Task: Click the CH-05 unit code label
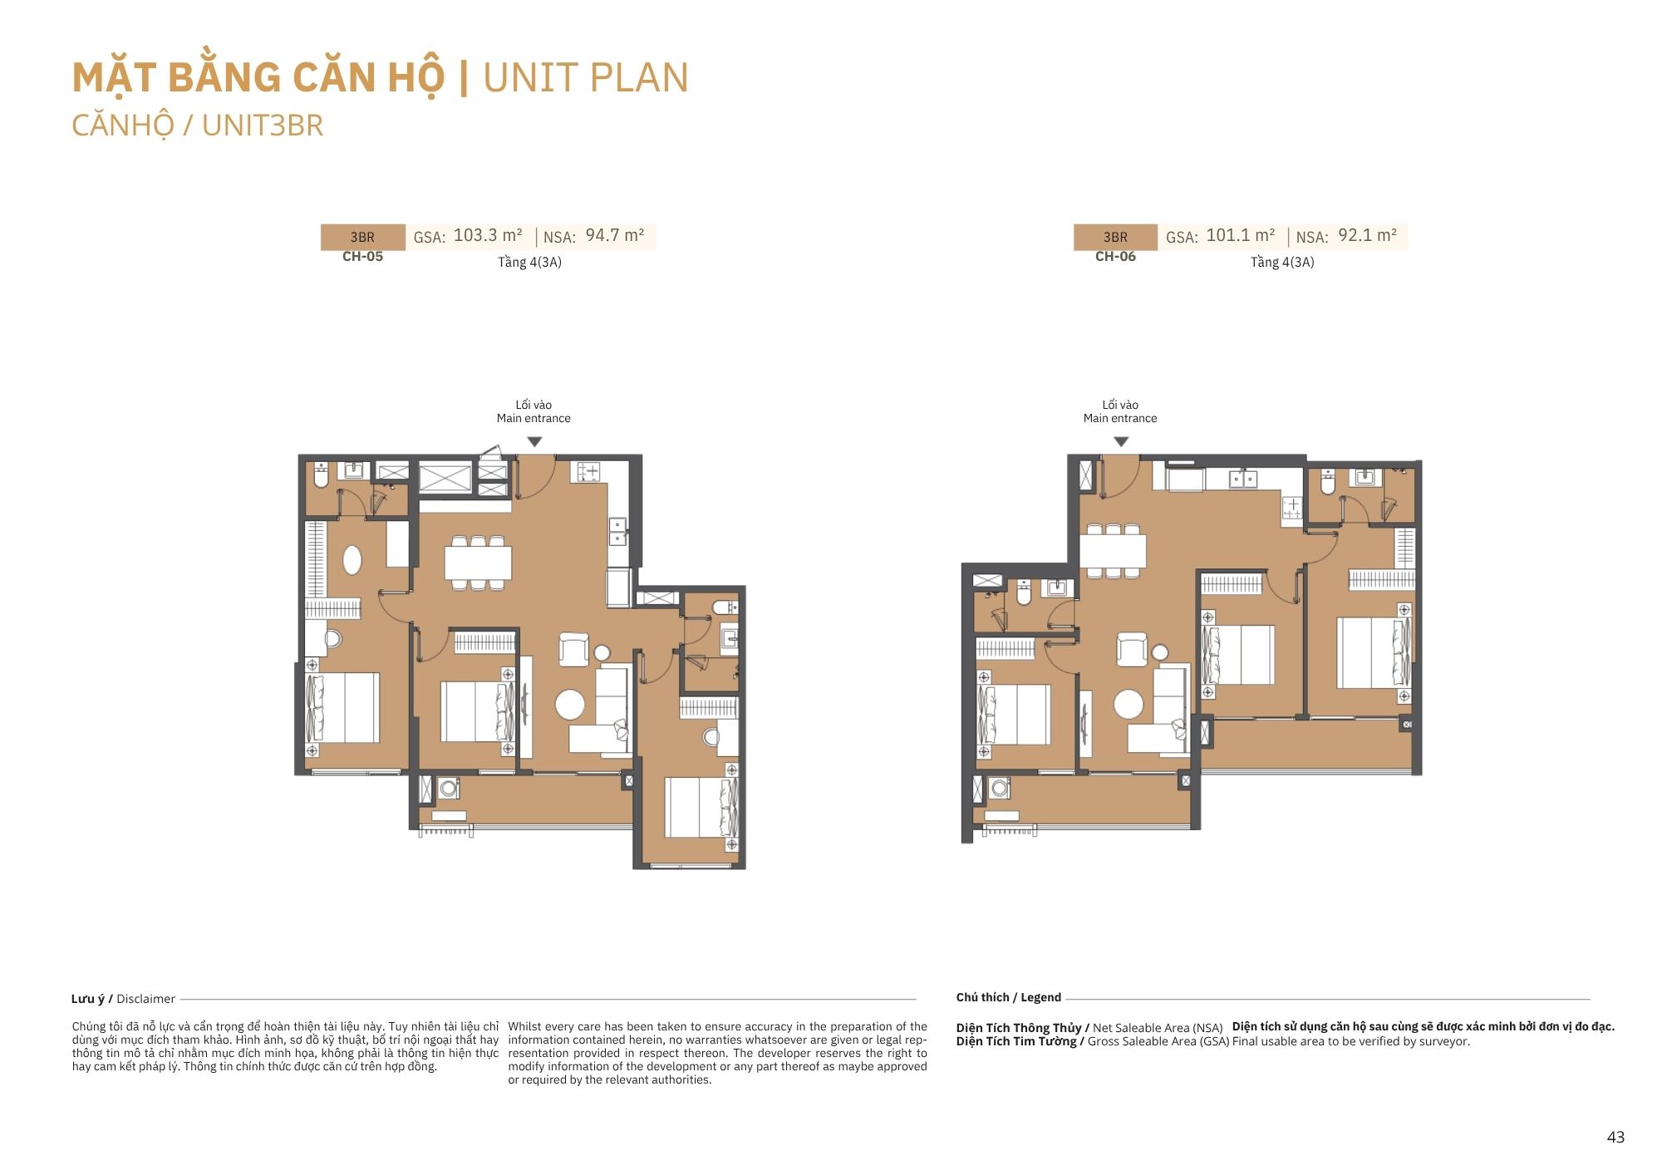click(362, 257)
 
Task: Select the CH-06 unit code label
click(1115, 257)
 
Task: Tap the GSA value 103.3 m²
click(488, 236)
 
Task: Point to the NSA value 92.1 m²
click(1367, 236)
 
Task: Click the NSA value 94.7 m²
click(615, 236)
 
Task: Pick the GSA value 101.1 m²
click(1240, 236)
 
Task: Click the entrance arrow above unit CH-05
click(534, 442)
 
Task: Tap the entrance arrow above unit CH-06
click(1121, 442)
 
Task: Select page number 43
click(1615, 1138)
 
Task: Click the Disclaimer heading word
click(145, 999)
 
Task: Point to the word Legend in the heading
click(1040, 997)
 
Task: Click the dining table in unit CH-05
click(478, 563)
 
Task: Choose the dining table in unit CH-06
click(1113, 551)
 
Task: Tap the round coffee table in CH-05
click(570, 705)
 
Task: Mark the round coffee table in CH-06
click(1128, 704)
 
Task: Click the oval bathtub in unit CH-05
click(352, 560)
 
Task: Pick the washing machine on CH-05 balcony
click(449, 787)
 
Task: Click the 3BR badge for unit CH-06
click(1115, 237)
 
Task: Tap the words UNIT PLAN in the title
click(586, 77)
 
